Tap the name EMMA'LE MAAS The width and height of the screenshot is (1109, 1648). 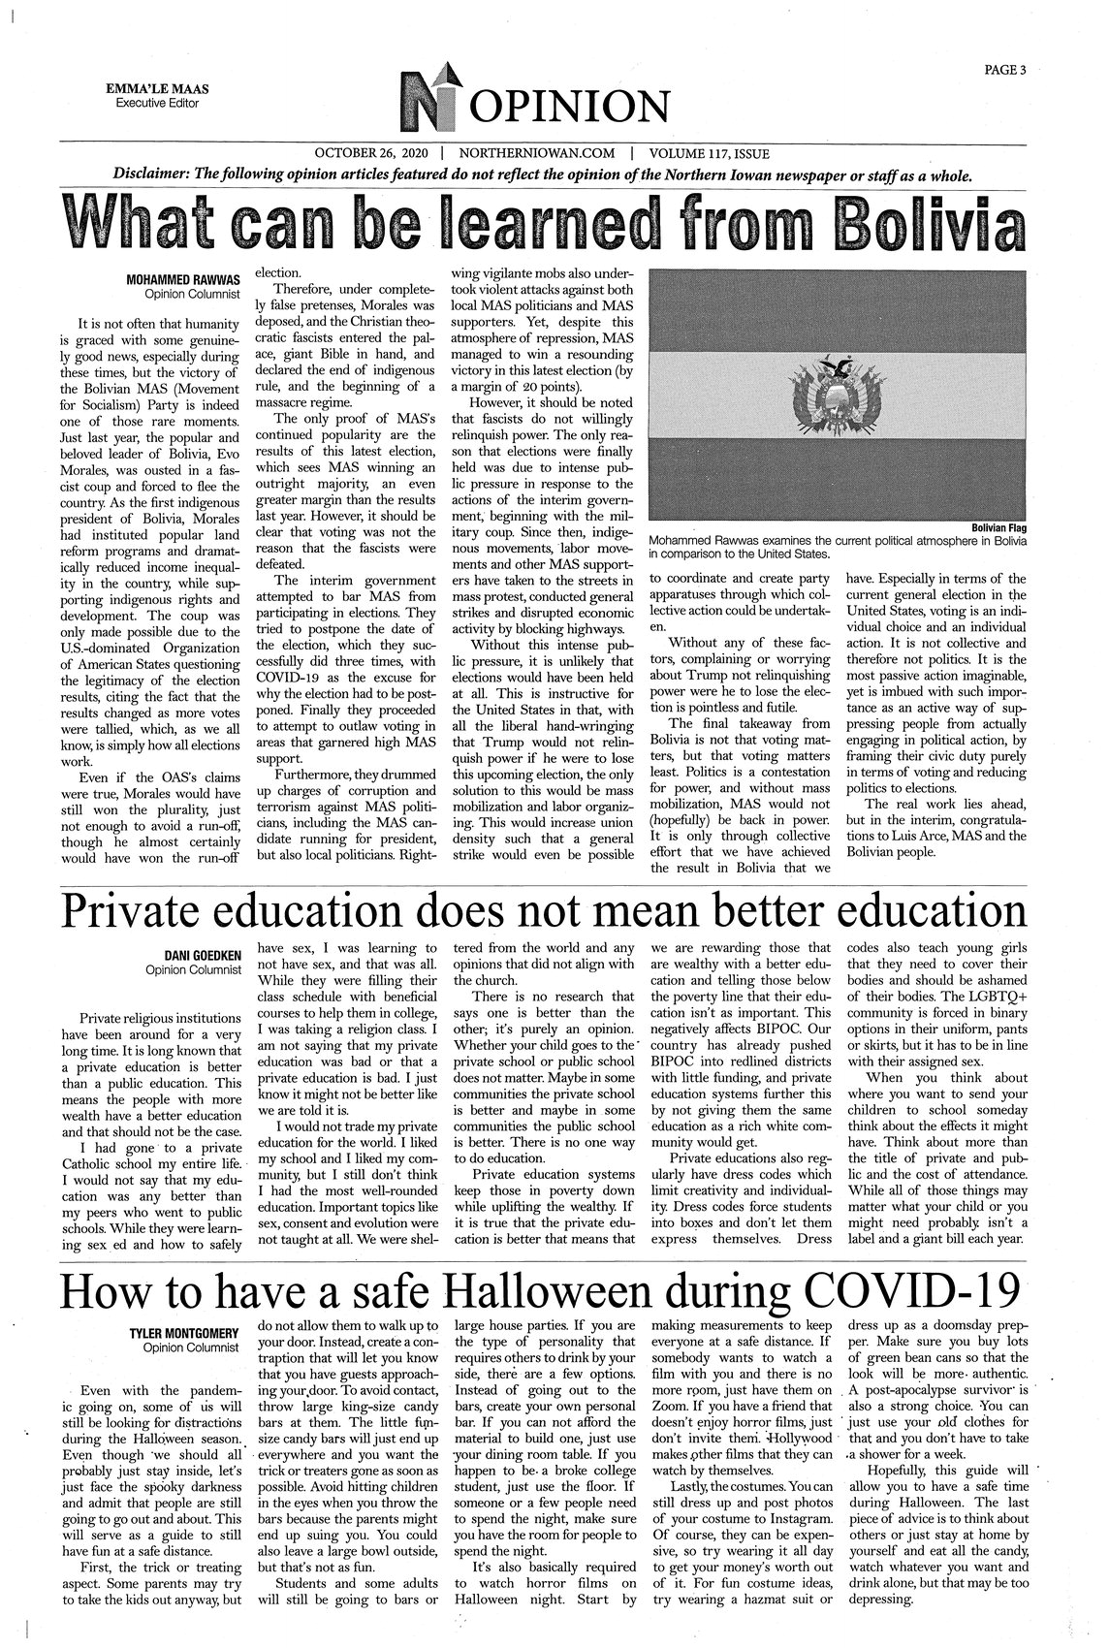pyautogui.click(x=163, y=89)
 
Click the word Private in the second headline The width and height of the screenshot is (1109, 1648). pyautogui.click(x=150, y=909)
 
